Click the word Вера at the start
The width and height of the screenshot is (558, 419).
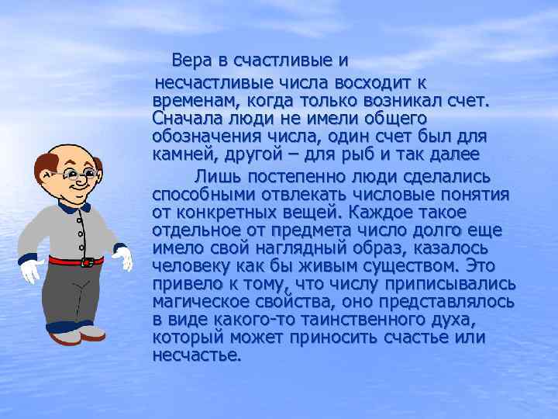pos(191,60)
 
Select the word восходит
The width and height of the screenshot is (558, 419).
pos(369,81)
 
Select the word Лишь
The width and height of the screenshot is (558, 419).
pos(214,173)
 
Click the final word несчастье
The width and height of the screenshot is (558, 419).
pos(197,355)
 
